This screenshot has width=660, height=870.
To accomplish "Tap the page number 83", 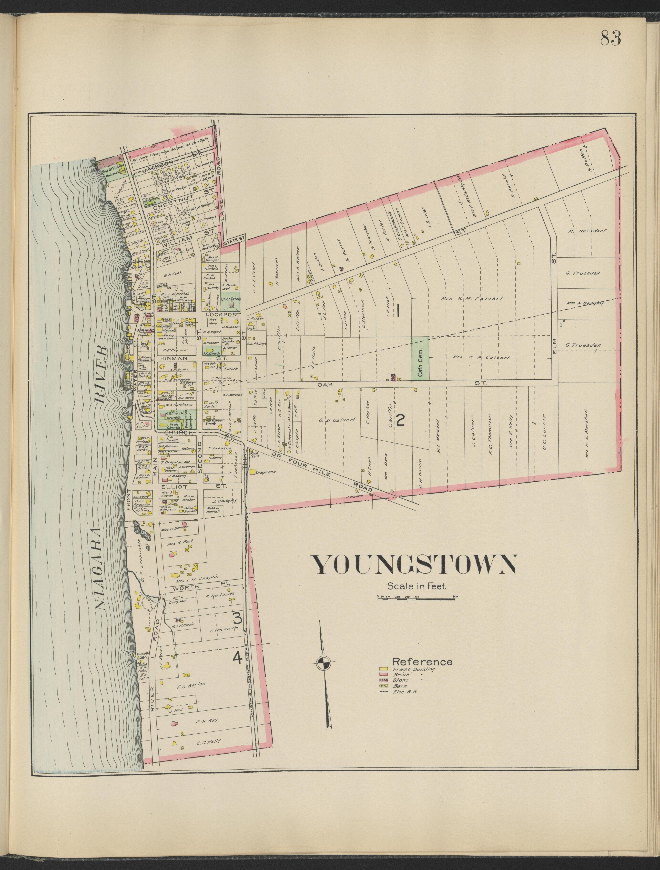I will click(611, 38).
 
